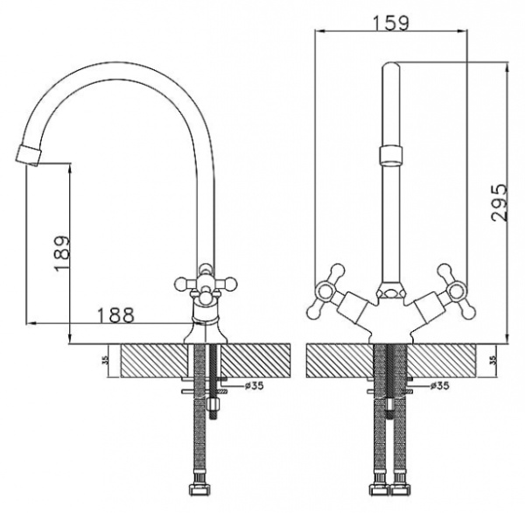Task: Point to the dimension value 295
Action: click(x=497, y=202)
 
